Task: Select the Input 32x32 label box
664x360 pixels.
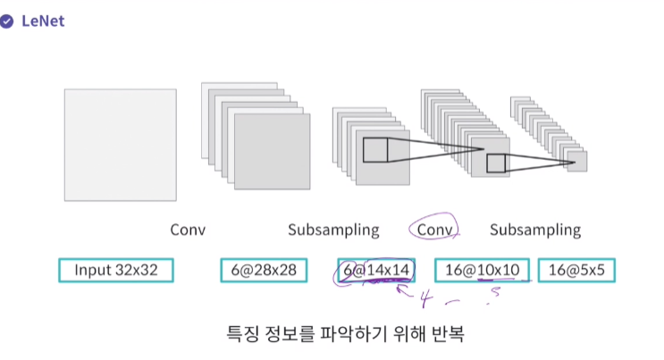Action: pos(116,270)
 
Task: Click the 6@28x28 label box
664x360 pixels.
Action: pos(265,270)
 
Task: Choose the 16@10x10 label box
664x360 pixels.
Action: pos(482,270)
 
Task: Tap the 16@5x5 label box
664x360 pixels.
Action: pos(576,270)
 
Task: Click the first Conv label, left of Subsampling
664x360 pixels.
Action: pos(188,230)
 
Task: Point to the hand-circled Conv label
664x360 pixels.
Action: pos(433,230)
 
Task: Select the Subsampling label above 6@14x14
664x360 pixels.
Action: pos(333,230)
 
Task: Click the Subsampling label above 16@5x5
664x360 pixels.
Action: pos(534,230)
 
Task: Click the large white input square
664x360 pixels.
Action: pos(120,145)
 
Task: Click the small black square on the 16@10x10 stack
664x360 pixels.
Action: pos(495,163)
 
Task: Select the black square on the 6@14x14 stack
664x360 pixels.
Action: pos(375,149)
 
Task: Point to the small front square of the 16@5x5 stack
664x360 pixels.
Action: pos(576,161)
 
